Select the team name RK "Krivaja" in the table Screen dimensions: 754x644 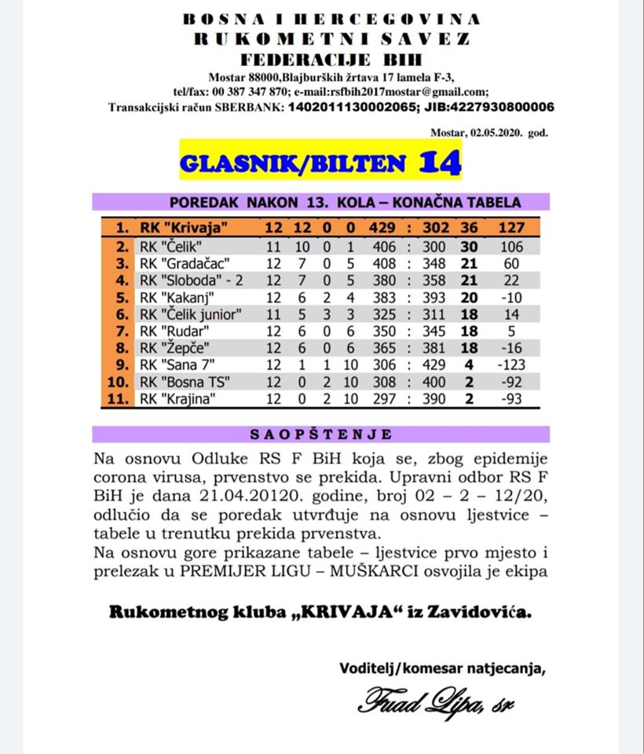[x=183, y=228]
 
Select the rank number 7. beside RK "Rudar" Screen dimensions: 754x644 [x=120, y=332]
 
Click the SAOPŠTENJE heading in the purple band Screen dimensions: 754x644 [x=321, y=434]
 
